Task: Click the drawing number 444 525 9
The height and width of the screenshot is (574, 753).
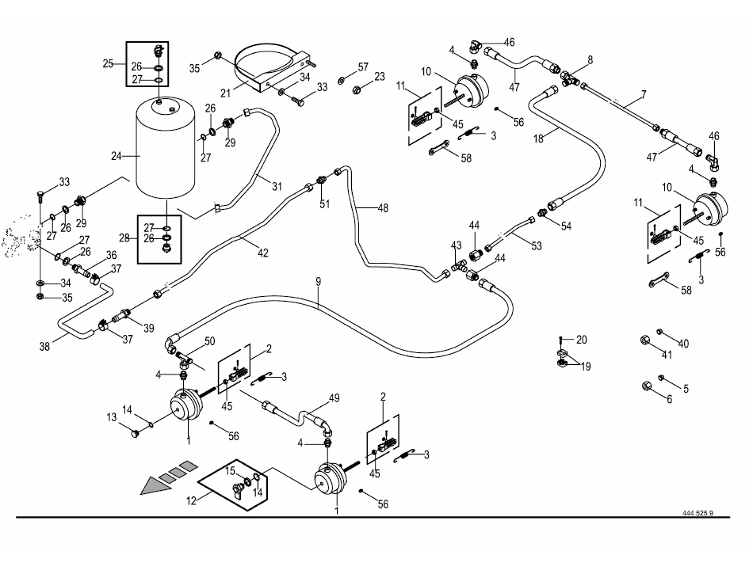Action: click(698, 513)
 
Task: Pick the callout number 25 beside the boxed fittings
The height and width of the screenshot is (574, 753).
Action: click(109, 63)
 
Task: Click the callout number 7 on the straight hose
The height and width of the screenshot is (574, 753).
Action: click(643, 94)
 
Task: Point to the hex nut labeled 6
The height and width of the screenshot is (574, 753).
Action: click(646, 386)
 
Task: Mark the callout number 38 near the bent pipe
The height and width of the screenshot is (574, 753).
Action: click(46, 345)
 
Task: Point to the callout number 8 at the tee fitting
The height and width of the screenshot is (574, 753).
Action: click(589, 60)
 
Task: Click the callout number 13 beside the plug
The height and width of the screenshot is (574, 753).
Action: click(113, 416)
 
